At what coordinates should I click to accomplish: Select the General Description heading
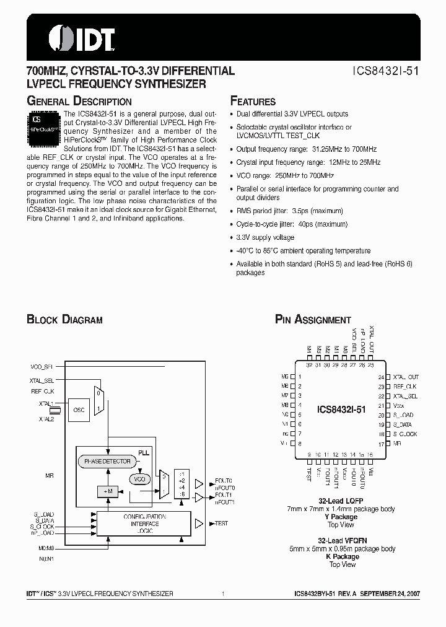pos(79,101)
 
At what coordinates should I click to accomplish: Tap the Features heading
pos(253,101)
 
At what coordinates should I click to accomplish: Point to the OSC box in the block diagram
pos(79,410)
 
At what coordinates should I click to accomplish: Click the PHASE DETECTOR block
pos(108,462)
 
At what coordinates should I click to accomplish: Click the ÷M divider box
pos(107,491)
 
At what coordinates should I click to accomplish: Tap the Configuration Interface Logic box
pos(144,524)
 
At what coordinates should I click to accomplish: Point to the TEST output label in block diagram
pos(221,524)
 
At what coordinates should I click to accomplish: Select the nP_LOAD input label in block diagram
pos(43,533)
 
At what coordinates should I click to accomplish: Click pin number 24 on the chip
pos(381,377)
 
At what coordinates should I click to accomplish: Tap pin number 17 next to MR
pos(381,444)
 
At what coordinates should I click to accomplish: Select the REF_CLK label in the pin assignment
pos(406,386)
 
